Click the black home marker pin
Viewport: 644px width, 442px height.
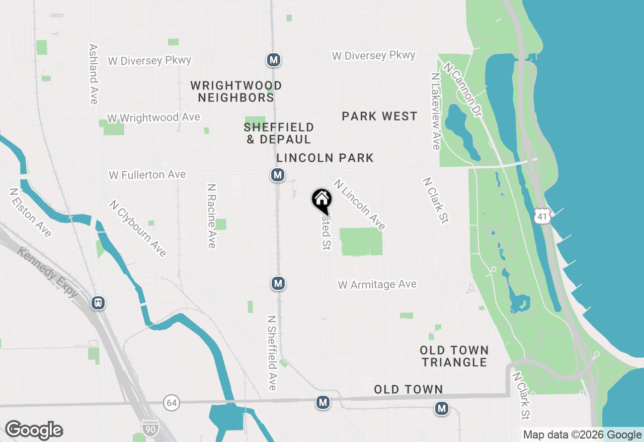[321, 200]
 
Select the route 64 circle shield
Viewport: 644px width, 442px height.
[172, 402]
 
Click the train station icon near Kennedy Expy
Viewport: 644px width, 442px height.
[98, 303]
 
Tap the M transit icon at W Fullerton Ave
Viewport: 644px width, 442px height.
[277, 175]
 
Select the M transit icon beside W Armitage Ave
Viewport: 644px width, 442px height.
[278, 283]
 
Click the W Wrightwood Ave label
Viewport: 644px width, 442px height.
[153, 118]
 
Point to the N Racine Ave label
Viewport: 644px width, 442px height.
[212, 215]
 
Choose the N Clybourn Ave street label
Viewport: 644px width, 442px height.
[138, 229]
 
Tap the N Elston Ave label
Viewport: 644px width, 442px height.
[30, 212]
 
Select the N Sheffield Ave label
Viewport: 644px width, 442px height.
[272, 353]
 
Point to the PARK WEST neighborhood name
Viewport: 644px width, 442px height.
[379, 116]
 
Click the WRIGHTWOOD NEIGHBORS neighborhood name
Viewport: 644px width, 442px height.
[236, 91]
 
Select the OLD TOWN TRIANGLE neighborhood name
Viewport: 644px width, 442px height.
[454, 356]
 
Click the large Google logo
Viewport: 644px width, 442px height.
[34, 430]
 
